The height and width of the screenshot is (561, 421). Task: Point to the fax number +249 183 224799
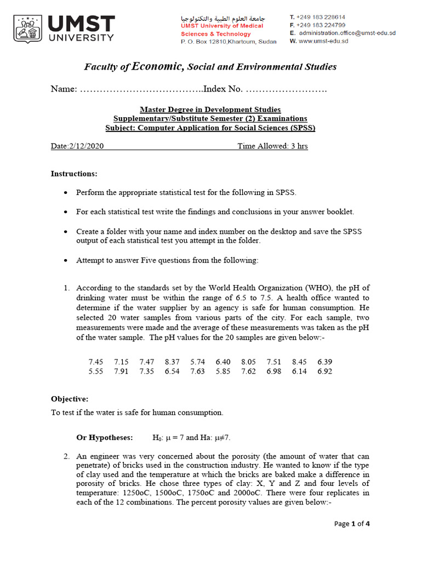(x=321, y=25)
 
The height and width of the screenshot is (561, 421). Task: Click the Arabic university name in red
(x=222, y=18)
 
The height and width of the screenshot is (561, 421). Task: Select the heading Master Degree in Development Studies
(x=210, y=110)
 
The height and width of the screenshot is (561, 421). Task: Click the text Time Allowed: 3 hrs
(x=272, y=146)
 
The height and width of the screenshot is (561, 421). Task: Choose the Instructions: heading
(x=74, y=174)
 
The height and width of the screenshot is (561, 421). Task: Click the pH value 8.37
(x=172, y=362)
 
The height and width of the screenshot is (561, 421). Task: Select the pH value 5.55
(x=95, y=371)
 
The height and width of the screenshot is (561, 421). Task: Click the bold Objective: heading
(x=70, y=399)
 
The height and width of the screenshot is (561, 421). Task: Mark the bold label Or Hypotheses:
(x=104, y=438)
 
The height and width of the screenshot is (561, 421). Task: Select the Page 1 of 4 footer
(x=352, y=524)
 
